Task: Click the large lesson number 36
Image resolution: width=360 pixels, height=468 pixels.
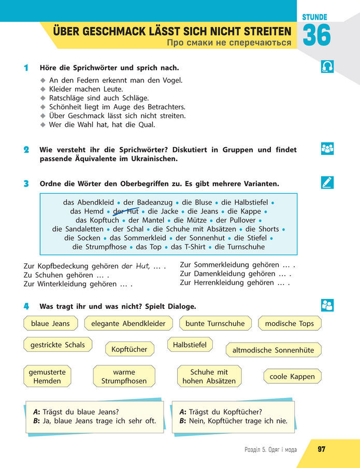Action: pos(316,35)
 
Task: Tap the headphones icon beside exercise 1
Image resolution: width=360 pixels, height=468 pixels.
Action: pos(327,66)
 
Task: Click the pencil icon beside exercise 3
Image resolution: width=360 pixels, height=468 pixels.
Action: pos(327,182)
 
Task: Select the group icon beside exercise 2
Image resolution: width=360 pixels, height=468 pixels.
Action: pos(327,149)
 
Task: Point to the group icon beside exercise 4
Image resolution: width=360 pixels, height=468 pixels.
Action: pos(327,305)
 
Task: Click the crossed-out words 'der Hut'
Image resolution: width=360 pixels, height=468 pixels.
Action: pos(126,211)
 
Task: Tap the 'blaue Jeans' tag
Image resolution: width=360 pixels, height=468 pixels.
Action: pos(50,323)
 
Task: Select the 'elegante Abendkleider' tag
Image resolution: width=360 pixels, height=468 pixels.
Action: pos(128,323)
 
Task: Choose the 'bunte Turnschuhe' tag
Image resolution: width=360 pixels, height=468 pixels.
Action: pos(215,323)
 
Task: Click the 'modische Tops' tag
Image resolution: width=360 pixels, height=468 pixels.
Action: pos(290,323)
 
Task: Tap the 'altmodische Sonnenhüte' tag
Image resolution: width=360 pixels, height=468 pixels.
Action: pos(273,350)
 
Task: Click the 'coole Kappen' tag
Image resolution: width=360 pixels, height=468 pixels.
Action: pos(292,376)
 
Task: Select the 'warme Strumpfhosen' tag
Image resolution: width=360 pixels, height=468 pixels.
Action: pos(124,376)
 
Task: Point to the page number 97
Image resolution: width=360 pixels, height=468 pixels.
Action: pos(322,449)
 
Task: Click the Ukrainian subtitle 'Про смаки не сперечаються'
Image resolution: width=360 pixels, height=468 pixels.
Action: pos(229,42)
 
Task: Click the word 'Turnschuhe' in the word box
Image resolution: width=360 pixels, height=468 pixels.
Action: pos(246,247)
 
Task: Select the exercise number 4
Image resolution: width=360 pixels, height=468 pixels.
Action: pos(26,306)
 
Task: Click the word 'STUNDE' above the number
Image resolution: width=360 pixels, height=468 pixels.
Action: pos(314,17)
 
